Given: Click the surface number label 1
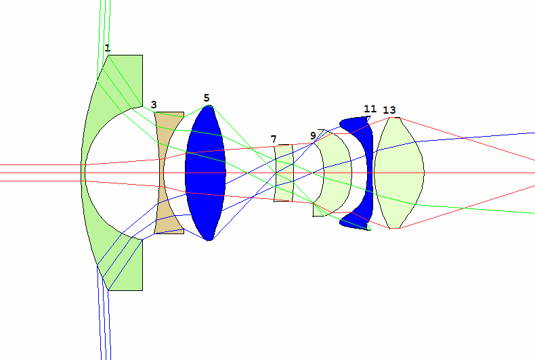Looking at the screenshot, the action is [108, 48].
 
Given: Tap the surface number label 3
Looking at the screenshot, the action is [154, 105].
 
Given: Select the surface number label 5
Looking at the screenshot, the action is [207, 98].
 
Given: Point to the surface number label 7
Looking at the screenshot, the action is [274, 139].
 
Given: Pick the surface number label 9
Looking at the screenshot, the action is [313, 136].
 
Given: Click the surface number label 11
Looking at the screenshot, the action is [370, 109].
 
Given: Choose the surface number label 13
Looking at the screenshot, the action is [389, 110].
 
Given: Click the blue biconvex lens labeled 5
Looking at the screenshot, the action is [205, 173].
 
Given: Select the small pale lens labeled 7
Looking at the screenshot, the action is [284, 173].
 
